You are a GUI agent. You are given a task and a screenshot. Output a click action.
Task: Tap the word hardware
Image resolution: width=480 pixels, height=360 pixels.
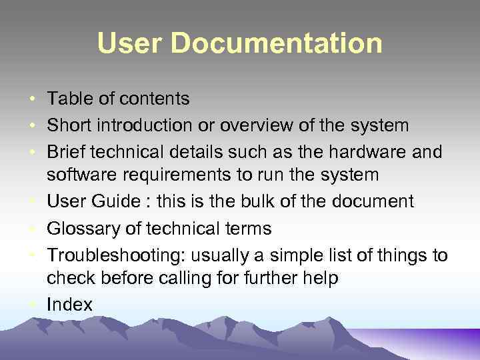click(362, 152)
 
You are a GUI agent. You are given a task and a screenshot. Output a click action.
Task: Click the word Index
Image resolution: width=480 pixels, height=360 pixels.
click(69, 304)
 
